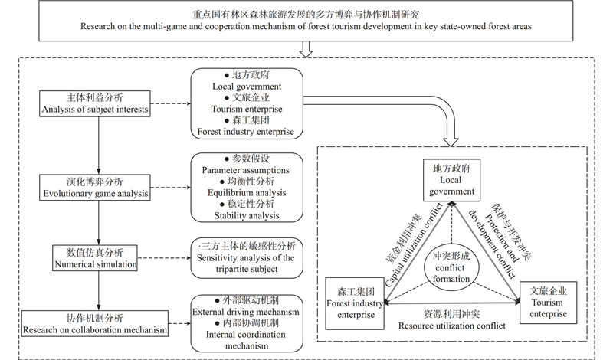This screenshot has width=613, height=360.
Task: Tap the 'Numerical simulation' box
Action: (97, 258)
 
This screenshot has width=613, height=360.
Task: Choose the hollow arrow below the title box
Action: (306, 48)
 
